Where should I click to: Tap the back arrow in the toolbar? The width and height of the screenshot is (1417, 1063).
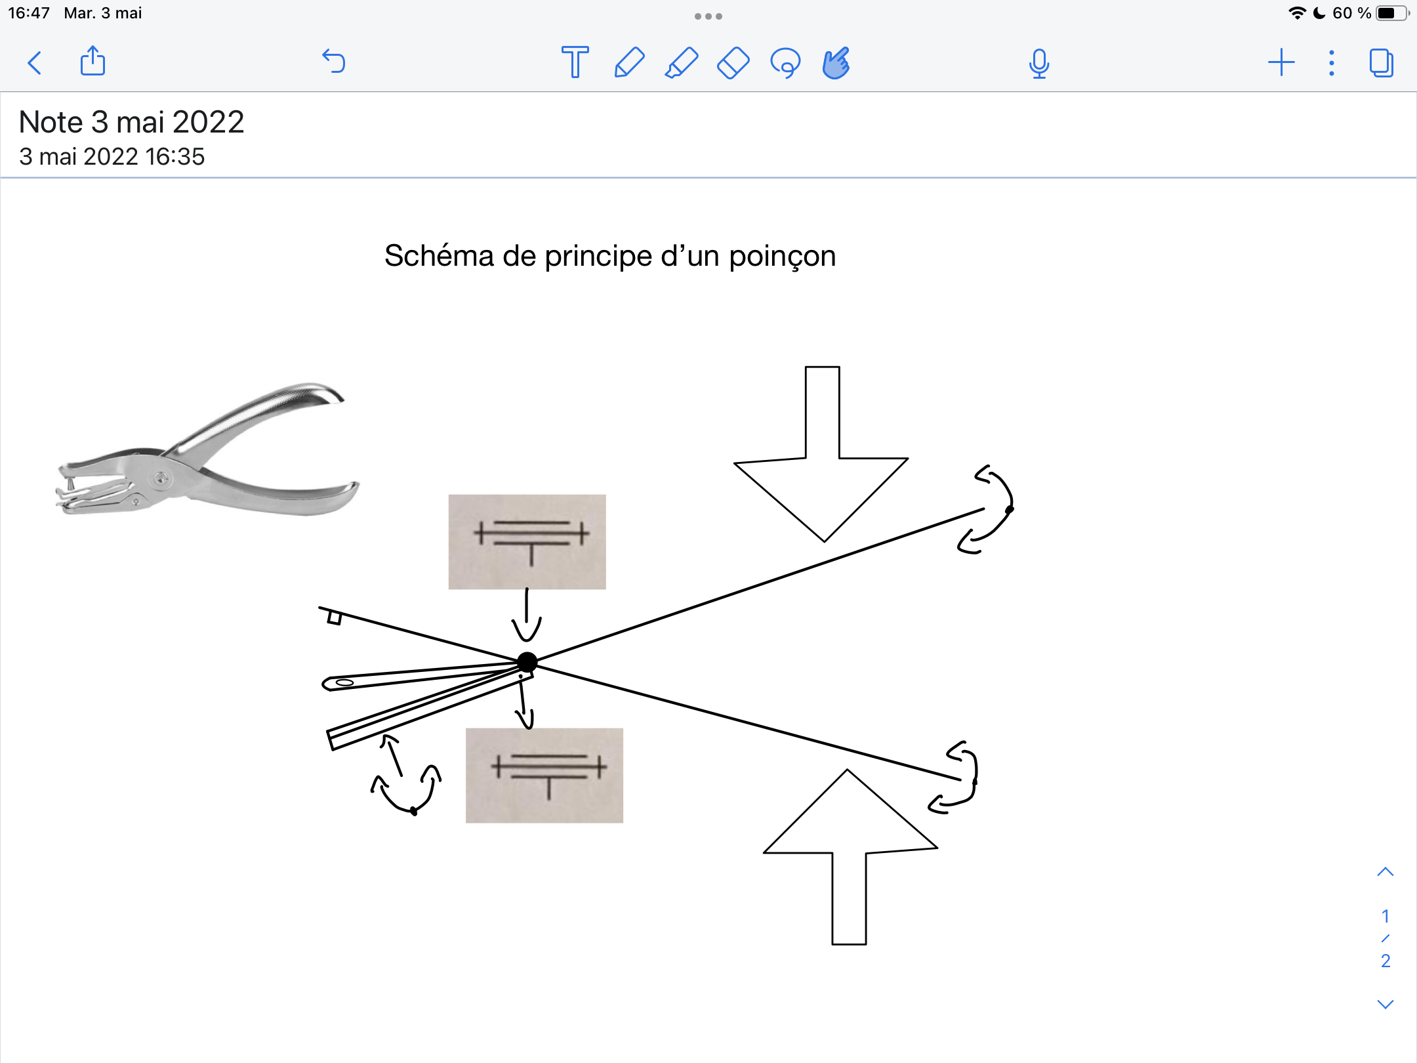35,63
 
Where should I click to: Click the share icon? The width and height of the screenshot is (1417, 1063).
92,61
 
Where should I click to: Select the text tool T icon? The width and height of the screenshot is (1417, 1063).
575,62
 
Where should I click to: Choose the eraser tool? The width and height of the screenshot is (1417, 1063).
733,63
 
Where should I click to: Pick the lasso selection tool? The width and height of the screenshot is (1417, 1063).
785,63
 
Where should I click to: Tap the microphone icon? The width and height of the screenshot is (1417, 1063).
1039,64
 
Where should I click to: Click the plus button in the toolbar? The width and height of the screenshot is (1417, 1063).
1281,63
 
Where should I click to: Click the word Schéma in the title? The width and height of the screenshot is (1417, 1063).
439,256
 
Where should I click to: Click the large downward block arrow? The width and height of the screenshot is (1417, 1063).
821,454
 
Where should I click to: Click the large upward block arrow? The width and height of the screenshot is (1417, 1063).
850,857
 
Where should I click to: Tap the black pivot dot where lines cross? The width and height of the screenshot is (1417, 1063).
527,663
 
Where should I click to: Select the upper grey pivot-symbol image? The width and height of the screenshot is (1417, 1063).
527,542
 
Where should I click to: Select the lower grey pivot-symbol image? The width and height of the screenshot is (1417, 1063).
544,776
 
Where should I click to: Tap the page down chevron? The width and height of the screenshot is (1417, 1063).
1386,1004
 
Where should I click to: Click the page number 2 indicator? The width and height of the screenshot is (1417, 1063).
1386,961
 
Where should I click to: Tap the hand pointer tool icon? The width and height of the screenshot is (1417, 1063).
836,63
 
